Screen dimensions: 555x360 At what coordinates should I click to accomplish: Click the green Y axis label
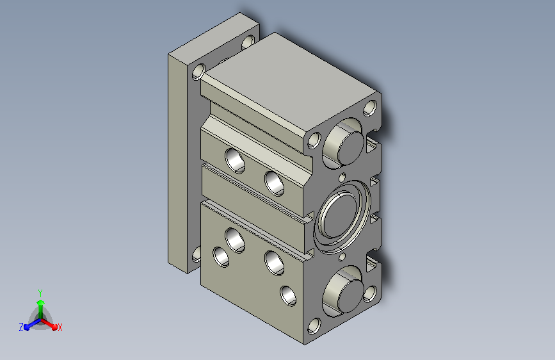(40, 293)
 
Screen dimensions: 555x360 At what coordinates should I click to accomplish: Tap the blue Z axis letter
(21, 327)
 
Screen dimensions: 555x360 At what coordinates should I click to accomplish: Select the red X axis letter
(60, 327)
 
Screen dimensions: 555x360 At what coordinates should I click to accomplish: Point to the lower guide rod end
(350, 296)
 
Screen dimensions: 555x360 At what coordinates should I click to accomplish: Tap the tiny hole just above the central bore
(342, 177)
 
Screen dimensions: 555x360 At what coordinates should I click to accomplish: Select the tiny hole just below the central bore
(342, 256)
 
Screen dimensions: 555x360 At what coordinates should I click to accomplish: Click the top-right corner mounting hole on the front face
(370, 108)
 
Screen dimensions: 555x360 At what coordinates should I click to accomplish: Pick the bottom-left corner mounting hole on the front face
(314, 325)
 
